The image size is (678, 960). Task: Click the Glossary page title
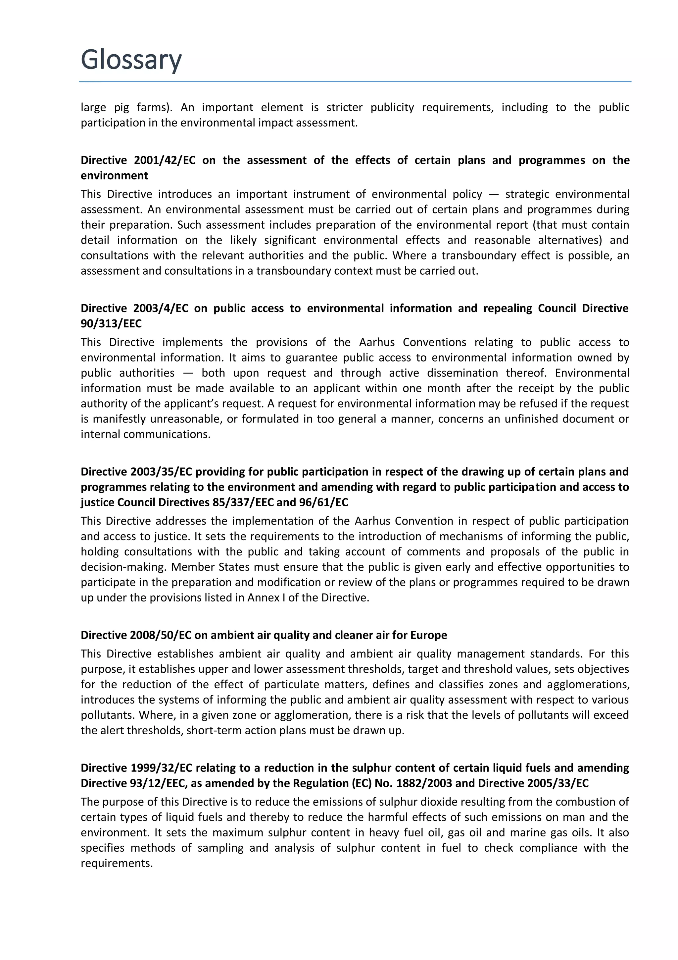pyautogui.click(x=131, y=60)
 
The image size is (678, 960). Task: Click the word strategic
pyautogui.click(x=526, y=195)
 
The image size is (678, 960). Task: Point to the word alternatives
pyautogui.click(x=570, y=241)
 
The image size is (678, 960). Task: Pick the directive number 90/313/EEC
pyautogui.click(x=111, y=324)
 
